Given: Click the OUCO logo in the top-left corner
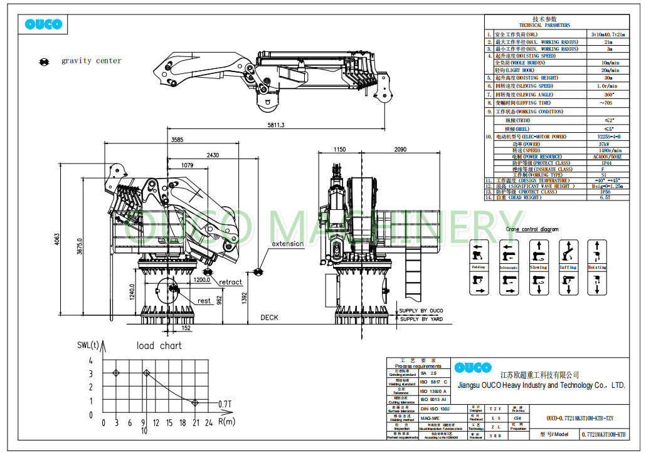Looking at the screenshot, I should point(44,24).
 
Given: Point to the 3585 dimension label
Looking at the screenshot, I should point(177,140).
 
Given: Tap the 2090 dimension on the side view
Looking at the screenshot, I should point(401,150).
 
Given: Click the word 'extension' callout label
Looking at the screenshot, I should point(287,244).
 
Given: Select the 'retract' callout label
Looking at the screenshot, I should point(230,282).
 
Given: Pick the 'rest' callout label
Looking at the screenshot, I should point(204,301).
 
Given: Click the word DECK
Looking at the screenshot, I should point(269,318).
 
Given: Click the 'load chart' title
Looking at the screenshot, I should point(159,345).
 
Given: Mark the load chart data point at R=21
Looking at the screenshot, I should point(195,402).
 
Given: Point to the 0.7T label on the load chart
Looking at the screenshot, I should point(225,403).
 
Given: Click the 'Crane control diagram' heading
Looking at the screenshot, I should point(532,229).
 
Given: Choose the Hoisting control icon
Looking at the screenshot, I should point(597,267).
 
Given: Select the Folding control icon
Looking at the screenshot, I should point(479,267).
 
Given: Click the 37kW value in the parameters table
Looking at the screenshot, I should point(604,143).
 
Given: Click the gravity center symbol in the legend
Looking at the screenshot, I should point(45,61).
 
